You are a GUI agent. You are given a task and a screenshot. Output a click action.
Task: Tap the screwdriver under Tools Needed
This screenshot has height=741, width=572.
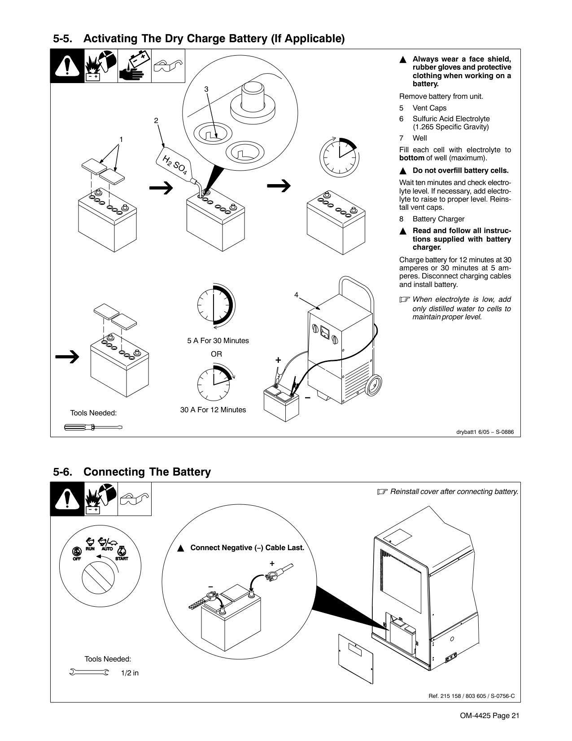(93, 427)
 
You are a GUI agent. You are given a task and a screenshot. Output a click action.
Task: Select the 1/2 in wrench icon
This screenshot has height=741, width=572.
(90, 672)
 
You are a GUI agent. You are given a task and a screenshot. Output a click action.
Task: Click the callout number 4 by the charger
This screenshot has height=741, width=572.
(296, 295)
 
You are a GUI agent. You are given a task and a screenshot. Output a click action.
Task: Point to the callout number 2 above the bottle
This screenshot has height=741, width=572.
(156, 120)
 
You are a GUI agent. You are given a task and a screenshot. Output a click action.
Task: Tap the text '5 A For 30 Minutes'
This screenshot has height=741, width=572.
(218, 340)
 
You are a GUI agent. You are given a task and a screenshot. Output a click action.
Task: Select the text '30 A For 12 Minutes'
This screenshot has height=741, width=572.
(213, 410)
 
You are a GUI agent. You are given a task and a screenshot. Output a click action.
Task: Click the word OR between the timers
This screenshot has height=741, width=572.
(216, 354)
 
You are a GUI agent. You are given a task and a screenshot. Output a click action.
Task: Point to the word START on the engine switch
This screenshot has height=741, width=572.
(122, 559)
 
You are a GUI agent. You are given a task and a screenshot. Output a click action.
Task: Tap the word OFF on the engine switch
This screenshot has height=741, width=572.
(77, 559)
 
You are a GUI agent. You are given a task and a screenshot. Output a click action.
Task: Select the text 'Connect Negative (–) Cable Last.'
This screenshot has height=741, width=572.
(247, 548)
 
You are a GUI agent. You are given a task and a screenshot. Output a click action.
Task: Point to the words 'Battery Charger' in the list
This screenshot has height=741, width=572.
(438, 219)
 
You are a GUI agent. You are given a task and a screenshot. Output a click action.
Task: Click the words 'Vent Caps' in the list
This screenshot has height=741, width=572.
(429, 108)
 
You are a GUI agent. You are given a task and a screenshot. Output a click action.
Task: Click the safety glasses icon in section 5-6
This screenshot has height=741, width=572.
(135, 499)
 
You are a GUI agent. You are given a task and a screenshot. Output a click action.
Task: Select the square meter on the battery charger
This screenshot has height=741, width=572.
(325, 332)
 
